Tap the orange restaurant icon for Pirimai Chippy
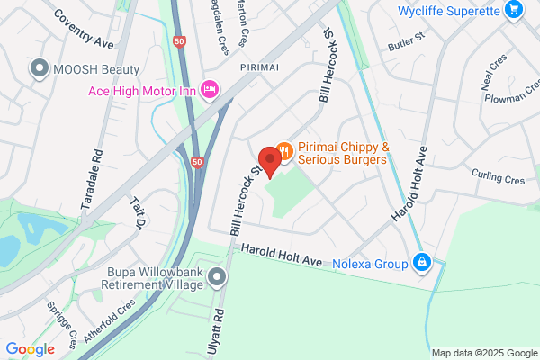(284, 153)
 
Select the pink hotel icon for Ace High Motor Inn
(210, 88)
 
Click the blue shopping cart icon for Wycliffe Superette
(513, 11)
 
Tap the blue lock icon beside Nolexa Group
(420, 264)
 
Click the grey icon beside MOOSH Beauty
(39, 68)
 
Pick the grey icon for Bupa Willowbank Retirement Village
(217, 276)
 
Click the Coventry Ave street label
(85, 30)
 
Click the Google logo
(30, 348)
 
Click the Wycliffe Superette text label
(447, 11)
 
